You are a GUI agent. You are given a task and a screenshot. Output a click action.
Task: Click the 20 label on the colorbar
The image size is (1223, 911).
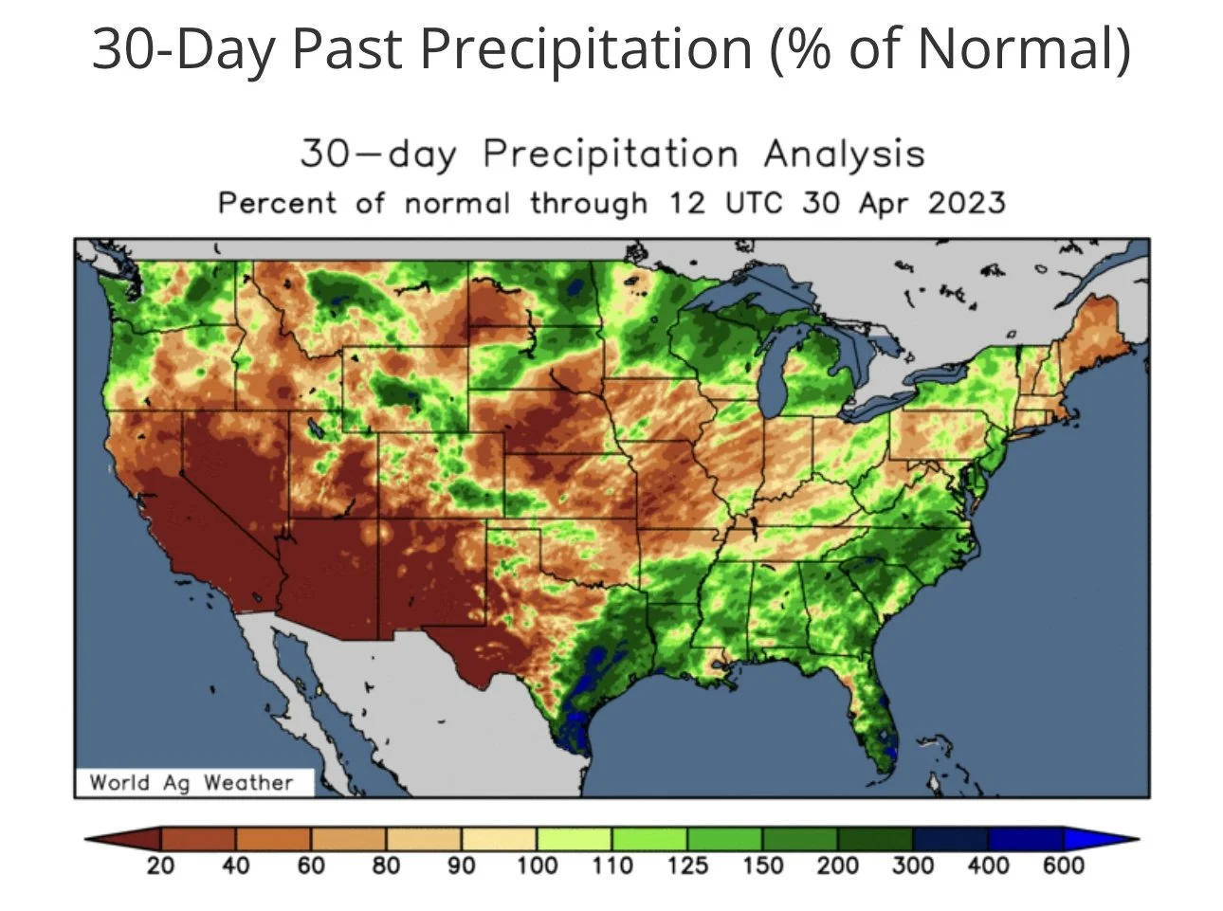tap(160, 865)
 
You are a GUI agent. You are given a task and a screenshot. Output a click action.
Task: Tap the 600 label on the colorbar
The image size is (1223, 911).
tap(1063, 865)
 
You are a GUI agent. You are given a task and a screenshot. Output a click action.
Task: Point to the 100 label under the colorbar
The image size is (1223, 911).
tap(537, 865)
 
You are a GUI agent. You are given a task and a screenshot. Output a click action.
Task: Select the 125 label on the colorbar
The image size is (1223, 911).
tap(687, 865)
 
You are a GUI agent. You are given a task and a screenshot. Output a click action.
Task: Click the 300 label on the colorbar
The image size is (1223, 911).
tap(913, 865)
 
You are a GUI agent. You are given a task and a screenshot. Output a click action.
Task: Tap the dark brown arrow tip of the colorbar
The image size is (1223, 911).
tap(122, 839)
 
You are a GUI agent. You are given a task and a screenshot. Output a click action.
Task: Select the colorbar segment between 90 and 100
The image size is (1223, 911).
tap(499, 839)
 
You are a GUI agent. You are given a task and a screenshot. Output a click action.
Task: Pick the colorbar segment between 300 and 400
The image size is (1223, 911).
tap(950, 839)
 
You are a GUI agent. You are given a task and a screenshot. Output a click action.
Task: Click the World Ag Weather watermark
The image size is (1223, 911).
tap(192, 782)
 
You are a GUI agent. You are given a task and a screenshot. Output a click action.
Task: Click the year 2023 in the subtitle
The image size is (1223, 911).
tap(967, 203)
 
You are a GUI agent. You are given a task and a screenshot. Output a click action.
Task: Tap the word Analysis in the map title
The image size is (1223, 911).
tap(844, 154)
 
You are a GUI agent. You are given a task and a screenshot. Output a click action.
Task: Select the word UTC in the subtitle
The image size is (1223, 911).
tap(754, 203)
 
